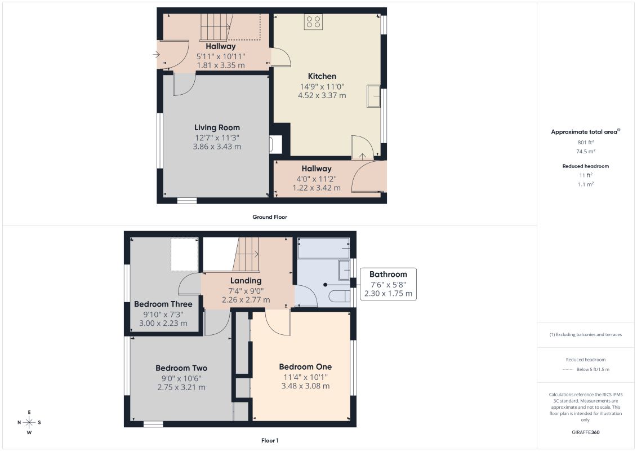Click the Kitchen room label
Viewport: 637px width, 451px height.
[x=322, y=76]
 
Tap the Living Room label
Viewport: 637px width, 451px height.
[x=217, y=128]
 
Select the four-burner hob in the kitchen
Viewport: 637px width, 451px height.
[x=313, y=22]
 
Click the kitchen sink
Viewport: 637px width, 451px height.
[x=373, y=96]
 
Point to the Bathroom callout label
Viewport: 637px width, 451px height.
[x=388, y=275]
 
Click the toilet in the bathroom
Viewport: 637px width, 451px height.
[x=339, y=297]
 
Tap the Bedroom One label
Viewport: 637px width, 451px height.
[x=305, y=367]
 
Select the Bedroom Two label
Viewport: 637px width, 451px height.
[x=181, y=368]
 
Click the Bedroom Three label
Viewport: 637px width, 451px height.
[x=163, y=304]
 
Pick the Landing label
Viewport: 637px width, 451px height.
[x=246, y=281]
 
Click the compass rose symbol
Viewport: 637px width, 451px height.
[x=29, y=422]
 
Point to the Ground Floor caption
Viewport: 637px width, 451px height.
[x=270, y=217]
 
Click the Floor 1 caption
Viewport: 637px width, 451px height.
[x=270, y=440]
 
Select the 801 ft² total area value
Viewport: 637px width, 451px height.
[x=585, y=142]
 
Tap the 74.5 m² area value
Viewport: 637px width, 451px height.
[x=585, y=151]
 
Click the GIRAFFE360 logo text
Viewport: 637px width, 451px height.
[x=585, y=432]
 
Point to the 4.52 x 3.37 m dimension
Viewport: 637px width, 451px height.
[x=322, y=96]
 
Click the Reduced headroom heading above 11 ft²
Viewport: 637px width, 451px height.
[x=585, y=166]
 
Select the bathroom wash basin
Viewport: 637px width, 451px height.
[x=344, y=270]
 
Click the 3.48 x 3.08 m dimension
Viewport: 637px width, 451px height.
[x=305, y=386]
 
